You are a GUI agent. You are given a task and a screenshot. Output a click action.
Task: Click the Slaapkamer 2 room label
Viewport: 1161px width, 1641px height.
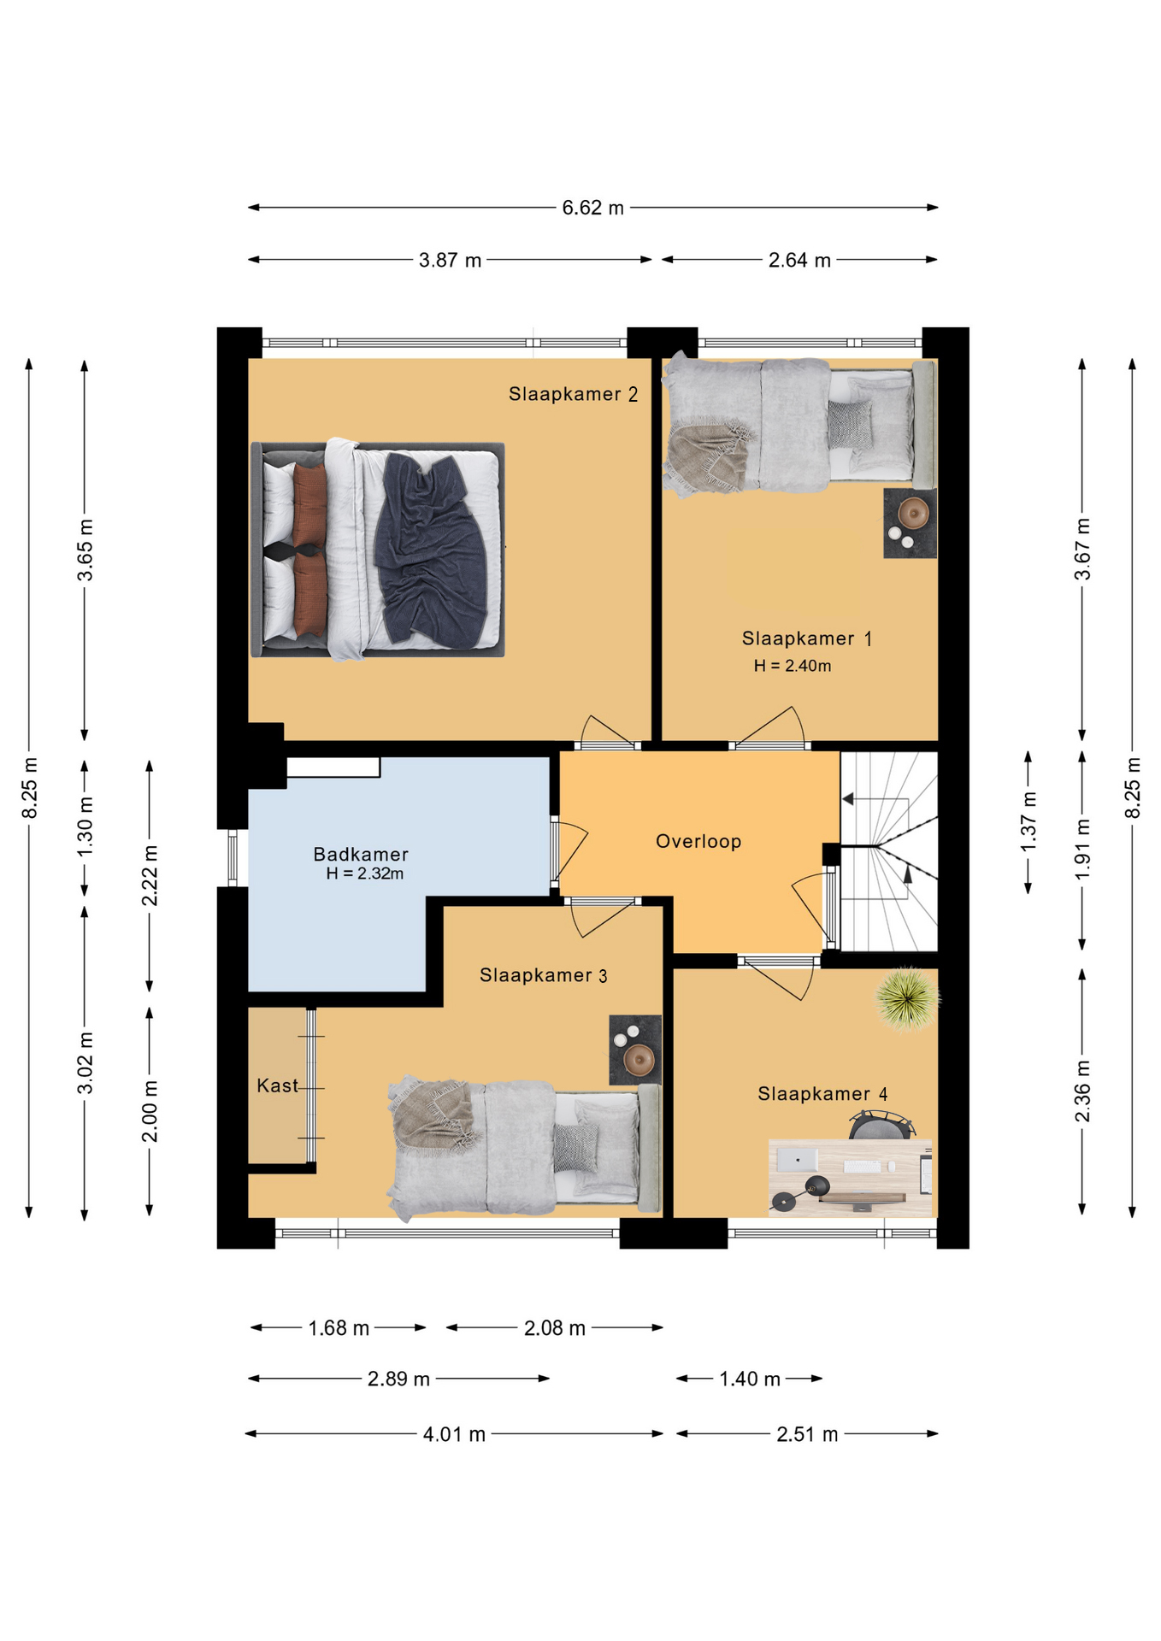click(573, 394)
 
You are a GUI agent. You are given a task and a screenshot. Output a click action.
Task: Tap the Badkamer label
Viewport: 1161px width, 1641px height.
click(361, 854)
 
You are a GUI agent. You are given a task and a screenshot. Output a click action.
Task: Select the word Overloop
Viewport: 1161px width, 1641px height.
click(698, 841)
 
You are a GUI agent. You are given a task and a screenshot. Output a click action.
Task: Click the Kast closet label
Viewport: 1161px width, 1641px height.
click(278, 1085)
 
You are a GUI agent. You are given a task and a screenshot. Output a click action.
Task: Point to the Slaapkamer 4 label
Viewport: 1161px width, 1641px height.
click(822, 1094)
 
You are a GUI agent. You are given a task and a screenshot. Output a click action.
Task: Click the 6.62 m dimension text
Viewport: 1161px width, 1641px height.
click(592, 208)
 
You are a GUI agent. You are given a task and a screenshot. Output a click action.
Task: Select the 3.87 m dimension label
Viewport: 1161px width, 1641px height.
click(450, 260)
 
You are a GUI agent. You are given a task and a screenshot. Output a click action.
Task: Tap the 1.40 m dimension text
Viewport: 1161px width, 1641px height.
click(750, 1379)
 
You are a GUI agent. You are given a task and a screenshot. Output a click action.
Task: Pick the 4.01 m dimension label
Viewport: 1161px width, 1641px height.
click(454, 1434)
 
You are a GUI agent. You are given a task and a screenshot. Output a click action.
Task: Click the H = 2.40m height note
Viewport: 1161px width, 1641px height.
click(792, 666)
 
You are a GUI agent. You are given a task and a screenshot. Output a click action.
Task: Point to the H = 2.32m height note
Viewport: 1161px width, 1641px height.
click(364, 873)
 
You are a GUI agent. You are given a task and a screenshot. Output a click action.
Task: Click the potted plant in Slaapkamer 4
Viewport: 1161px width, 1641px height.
click(907, 998)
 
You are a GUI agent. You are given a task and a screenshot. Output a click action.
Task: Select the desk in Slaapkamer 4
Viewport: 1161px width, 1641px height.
click(850, 1177)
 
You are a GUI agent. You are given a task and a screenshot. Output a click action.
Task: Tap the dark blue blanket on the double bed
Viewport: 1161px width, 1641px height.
click(433, 550)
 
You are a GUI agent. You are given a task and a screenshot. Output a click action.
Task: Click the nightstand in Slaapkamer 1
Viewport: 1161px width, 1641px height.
click(910, 523)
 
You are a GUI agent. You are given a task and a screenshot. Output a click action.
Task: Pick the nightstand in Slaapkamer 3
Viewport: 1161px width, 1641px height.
click(635, 1050)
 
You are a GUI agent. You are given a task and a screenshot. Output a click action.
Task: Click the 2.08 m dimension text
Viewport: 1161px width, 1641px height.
click(555, 1328)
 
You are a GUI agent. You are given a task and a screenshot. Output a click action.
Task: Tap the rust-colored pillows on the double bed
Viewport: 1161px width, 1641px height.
click(309, 550)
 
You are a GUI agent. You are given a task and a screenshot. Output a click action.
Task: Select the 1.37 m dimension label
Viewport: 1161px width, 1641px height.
click(1028, 822)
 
